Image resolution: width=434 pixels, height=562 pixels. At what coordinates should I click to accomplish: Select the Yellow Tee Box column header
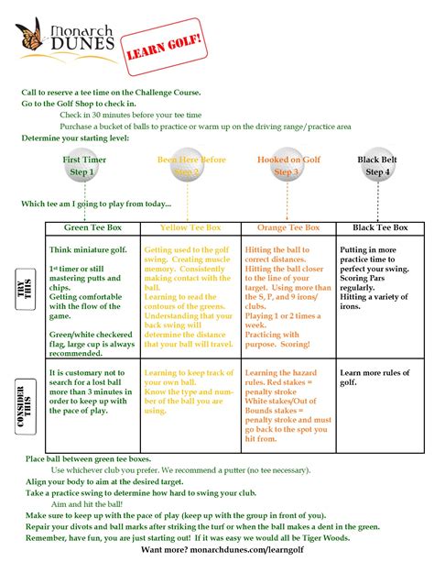tap(190, 227)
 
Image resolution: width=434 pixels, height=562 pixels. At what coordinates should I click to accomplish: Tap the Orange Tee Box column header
tap(288, 227)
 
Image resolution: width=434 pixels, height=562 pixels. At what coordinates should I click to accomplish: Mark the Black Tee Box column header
tap(379, 227)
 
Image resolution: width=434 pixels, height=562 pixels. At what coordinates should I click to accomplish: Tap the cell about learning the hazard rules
tap(288, 403)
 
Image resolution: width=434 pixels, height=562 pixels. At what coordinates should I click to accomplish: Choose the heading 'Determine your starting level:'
tap(76, 138)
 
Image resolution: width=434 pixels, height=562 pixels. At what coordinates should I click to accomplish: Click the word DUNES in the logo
tap(83, 44)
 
